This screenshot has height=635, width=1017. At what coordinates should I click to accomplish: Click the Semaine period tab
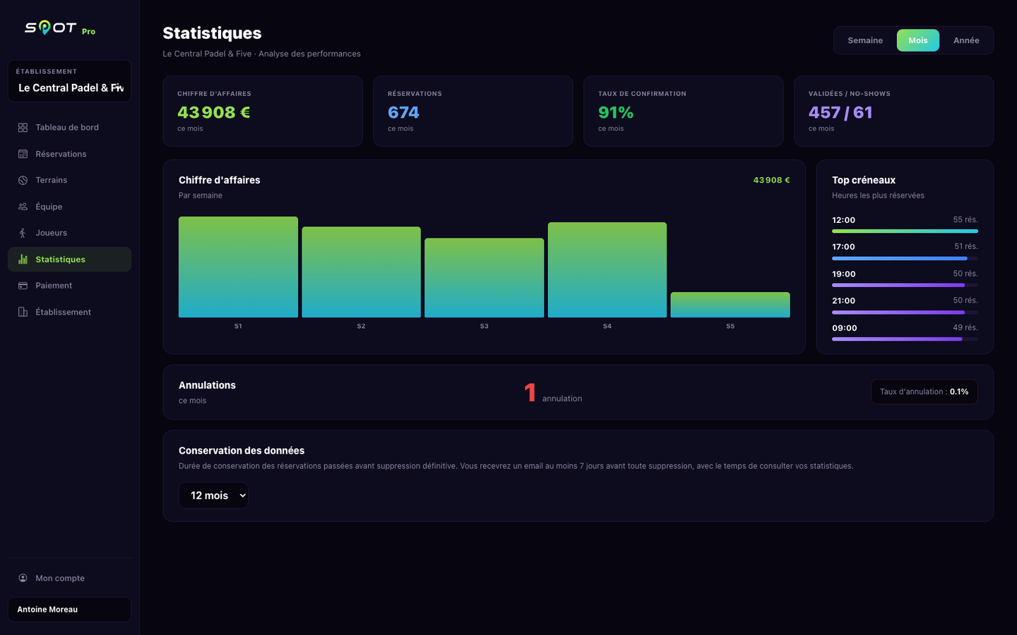point(865,40)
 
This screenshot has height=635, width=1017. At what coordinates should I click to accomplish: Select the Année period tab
point(966,40)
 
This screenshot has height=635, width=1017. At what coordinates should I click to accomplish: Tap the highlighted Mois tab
point(917,40)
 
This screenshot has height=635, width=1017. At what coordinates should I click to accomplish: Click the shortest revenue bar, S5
point(730,305)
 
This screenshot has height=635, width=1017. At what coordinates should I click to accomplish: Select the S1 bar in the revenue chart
point(238,267)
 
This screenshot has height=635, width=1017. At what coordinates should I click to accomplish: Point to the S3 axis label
point(484,326)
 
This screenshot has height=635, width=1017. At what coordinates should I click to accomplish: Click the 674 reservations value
point(403,112)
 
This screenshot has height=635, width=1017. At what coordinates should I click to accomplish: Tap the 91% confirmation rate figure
point(615,112)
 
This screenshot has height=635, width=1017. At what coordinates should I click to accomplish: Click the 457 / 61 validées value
point(840,112)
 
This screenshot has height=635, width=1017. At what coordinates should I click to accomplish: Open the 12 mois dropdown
point(213,495)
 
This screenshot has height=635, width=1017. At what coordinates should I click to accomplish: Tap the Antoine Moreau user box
point(69,609)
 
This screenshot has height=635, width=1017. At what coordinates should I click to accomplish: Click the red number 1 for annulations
point(530,392)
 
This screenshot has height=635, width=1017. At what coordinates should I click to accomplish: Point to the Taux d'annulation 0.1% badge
point(924,392)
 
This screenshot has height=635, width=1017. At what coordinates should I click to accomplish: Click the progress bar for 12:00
point(905,231)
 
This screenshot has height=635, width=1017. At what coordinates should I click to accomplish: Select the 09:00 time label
point(844,328)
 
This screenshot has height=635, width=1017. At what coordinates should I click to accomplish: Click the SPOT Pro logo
point(60,28)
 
